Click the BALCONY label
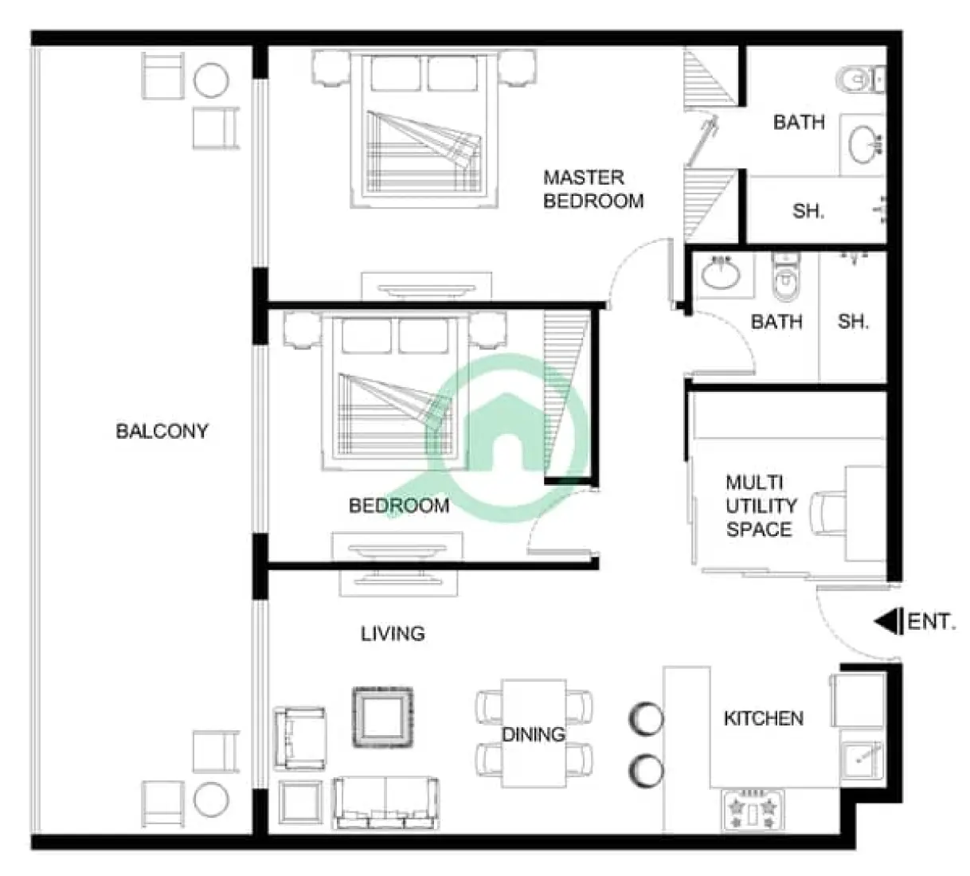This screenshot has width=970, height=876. click(x=162, y=432)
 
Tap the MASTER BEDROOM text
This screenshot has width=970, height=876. click(x=593, y=189)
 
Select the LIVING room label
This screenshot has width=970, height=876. click(x=393, y=634)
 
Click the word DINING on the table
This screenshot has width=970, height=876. click(x=533, y=734)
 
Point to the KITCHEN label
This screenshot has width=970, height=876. click(x=763, y=718)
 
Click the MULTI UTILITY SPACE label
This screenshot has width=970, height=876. click(x=760, y=506)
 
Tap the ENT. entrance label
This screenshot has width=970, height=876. click(x=931, y=621)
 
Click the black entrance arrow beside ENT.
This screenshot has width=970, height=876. click(x=887, y=621)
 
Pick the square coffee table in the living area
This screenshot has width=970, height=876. click(x=383, y=717)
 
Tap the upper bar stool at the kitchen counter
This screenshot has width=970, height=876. click(x=646, y=718)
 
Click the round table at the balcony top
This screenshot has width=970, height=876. click(x=212, y=80)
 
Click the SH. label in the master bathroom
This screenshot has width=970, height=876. click(x=808, y=212)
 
